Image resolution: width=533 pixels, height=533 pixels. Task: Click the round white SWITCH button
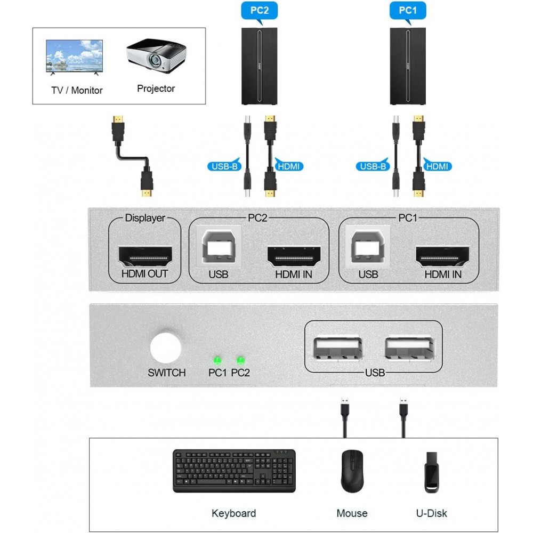pos(166,348)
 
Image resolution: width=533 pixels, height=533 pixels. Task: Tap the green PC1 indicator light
pos(217,360)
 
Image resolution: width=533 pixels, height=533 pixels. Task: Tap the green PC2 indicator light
pos(240,360)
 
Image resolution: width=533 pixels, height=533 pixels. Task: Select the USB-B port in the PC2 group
pos(219,248)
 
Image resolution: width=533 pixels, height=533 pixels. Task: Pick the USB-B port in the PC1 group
pos(368,248)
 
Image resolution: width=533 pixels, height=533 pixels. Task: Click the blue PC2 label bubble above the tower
pos(259,10)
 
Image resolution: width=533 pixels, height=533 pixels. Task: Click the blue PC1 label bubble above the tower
pos(408,10)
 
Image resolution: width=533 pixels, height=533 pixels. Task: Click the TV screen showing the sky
pos(75,55)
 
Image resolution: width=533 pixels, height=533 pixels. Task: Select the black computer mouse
pos(352,471)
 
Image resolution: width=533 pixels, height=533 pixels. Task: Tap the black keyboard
pos(234,471)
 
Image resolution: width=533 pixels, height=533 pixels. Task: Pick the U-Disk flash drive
pos(431,472)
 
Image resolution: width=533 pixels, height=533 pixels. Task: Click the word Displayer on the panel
pos(144,218)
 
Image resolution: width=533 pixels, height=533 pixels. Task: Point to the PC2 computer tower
pos(259,66)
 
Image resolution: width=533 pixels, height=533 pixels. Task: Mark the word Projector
pos(156,88)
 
